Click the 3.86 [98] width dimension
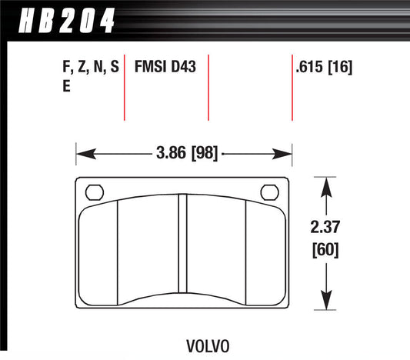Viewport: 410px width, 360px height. coord(185,155)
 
